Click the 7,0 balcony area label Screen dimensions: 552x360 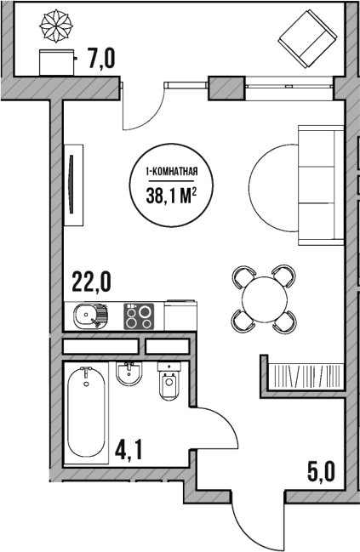click(100, 59)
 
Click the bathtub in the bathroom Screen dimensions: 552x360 click(87, 412)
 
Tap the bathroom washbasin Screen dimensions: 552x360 click(129, 374)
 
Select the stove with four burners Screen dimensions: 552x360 click(140, 317)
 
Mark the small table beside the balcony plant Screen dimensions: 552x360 click(58, 62)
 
